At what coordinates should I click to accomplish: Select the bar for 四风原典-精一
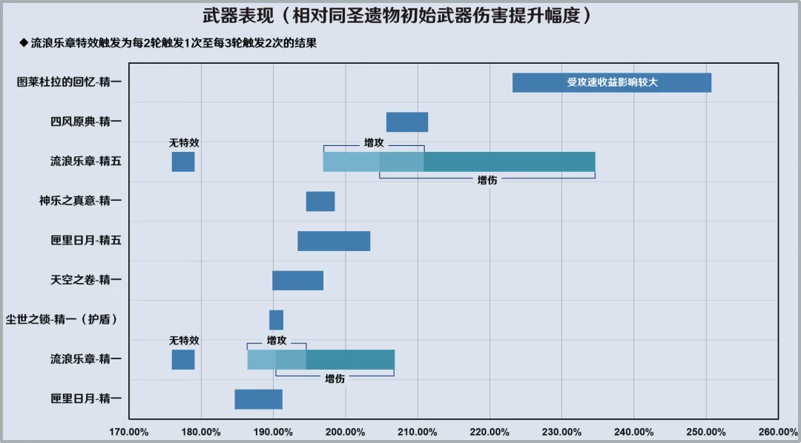[x=407, y=122]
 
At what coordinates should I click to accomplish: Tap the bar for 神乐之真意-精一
[x=320, y=201]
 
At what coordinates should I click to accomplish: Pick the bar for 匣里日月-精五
[x=334, y=241]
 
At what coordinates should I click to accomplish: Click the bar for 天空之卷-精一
[x=297, y=280]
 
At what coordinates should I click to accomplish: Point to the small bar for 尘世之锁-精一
[x=276, y=320]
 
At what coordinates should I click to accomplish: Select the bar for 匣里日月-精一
[x=258, y=399]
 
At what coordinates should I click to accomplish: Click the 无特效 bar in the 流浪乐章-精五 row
[x=183, y=161]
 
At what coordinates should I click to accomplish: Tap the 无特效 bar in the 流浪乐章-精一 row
[x=183, y=359]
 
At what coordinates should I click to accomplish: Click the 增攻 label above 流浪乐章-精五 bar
[x=374, y=142]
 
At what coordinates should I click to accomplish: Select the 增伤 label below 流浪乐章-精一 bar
[x=334, y=379]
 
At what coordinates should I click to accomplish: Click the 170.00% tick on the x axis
[x=128, y=432]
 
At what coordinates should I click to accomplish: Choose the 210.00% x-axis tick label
[x=417, y=432]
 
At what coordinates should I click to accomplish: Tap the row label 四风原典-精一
[x=82, y=121]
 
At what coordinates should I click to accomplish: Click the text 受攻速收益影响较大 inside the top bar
[x=613, y=83]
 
